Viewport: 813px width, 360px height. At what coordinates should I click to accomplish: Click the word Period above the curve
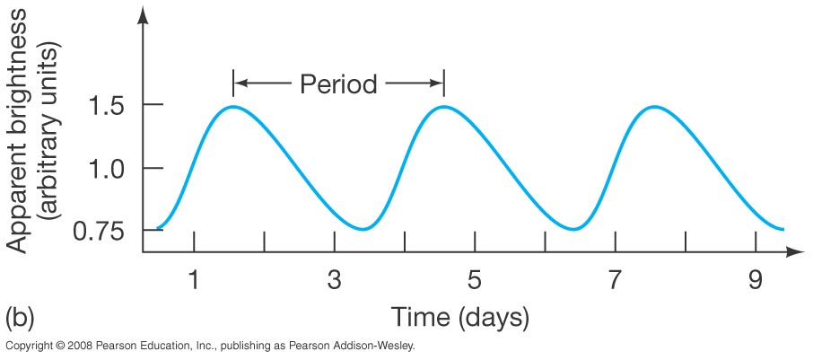click(338, 84)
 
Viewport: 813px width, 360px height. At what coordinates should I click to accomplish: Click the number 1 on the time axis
click(193, 280)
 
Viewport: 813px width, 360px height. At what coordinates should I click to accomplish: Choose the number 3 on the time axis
click(334, 280)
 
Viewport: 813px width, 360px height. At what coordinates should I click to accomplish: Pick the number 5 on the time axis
click(474, 280)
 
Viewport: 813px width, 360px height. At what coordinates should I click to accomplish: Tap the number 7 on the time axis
click(615, 280)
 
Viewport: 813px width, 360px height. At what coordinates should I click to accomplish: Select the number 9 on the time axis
click(755, 280)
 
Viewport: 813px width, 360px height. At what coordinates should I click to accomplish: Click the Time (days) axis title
click(459, 317)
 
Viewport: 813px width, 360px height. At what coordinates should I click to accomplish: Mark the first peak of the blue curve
click(232, 107)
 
